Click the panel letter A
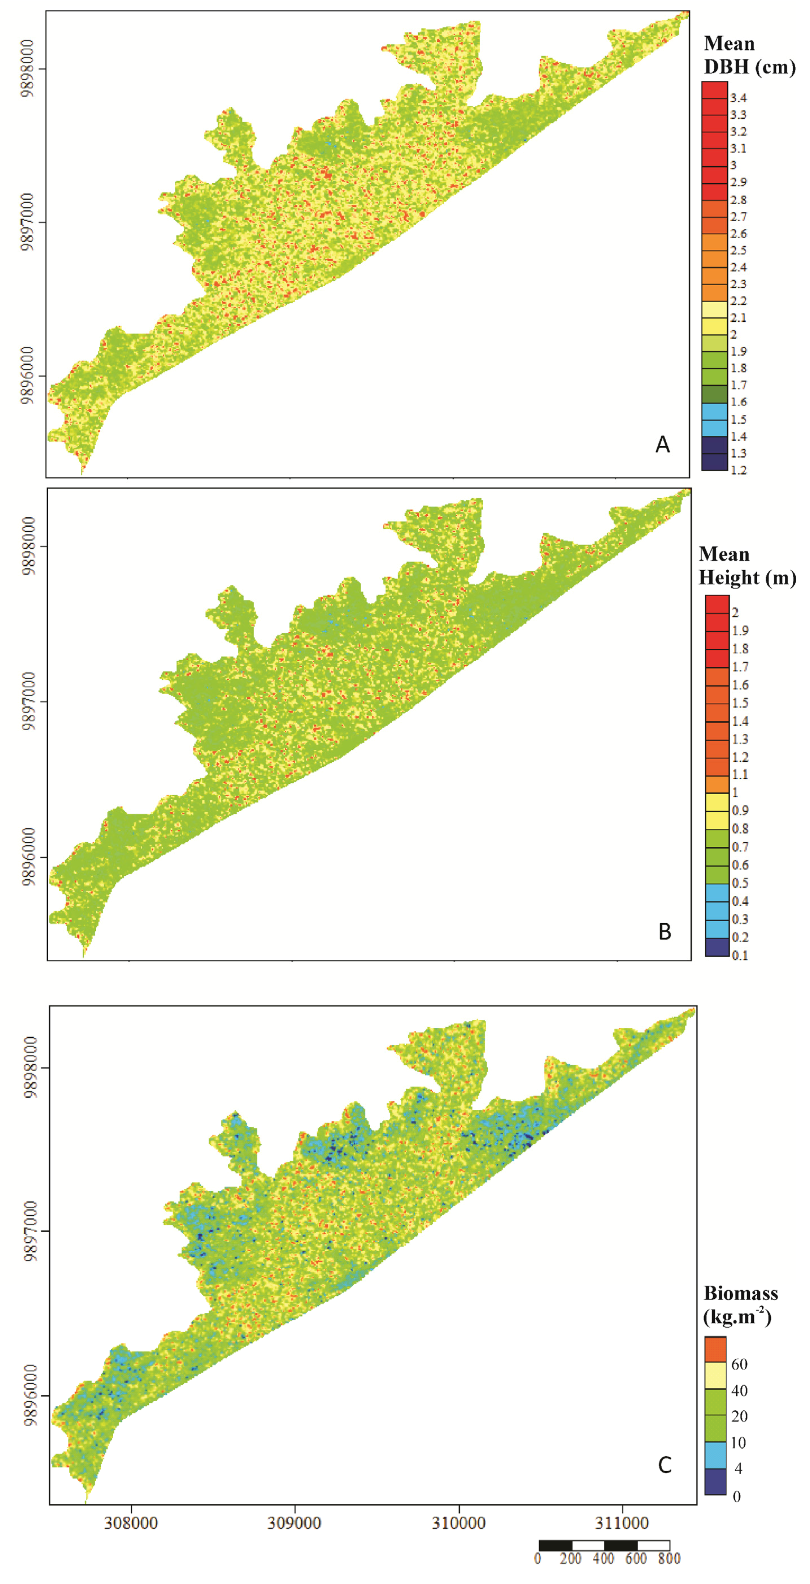pyautogui.click(x=662, y=444)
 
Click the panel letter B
pyautogui.click(x=664, y=932)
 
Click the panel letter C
pyautogui.click(x=664, y=1465)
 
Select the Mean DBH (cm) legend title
pyautogui.click(x=749, y=55)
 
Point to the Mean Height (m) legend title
pyautogui.click(x=747, y=566)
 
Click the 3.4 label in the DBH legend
pyautogui.click(x=738, y=98)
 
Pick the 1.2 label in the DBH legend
pyautogui.click(x=738, y=470)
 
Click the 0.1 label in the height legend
pyautogui.click(x=739, y=955)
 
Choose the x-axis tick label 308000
pyautogui.click(x=131, y=1523)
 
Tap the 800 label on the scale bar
pyautogui.click(x=669, y=1558)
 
